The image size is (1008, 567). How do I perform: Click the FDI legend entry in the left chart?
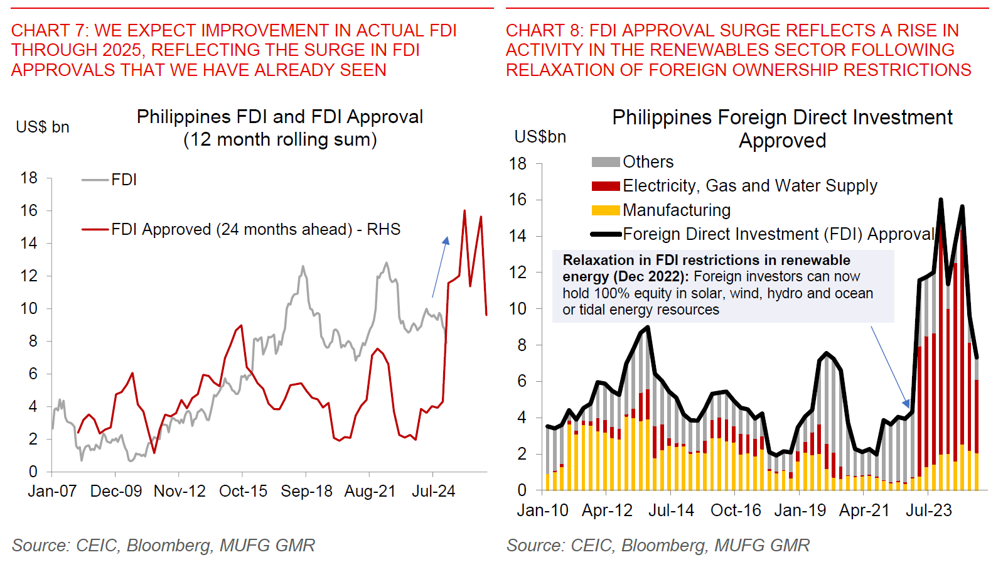[124, 180]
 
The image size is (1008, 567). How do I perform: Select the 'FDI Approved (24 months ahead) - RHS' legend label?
[255, 229]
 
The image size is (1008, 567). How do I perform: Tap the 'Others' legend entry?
[648, 162]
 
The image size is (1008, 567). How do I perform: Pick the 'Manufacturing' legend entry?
[676, 210]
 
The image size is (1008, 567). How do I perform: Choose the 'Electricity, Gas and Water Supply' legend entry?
[749, 186]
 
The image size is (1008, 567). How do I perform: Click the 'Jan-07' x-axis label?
[52, 491]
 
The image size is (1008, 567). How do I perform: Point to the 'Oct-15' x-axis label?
[243, 491]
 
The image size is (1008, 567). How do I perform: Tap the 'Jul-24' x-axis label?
[433, 491]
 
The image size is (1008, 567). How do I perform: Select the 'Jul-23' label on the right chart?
[928, 510]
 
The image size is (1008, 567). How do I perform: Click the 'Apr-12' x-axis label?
[607, 510]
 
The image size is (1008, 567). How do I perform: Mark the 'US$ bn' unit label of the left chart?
[43, 127]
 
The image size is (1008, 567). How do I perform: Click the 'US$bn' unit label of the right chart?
[540, 137]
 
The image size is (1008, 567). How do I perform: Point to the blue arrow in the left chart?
[440, 266]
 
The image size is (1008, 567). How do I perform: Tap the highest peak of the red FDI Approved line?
[464, 211]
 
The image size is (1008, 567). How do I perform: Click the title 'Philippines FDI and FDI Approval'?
[280, 117]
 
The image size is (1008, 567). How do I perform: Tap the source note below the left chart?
[163, 545]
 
